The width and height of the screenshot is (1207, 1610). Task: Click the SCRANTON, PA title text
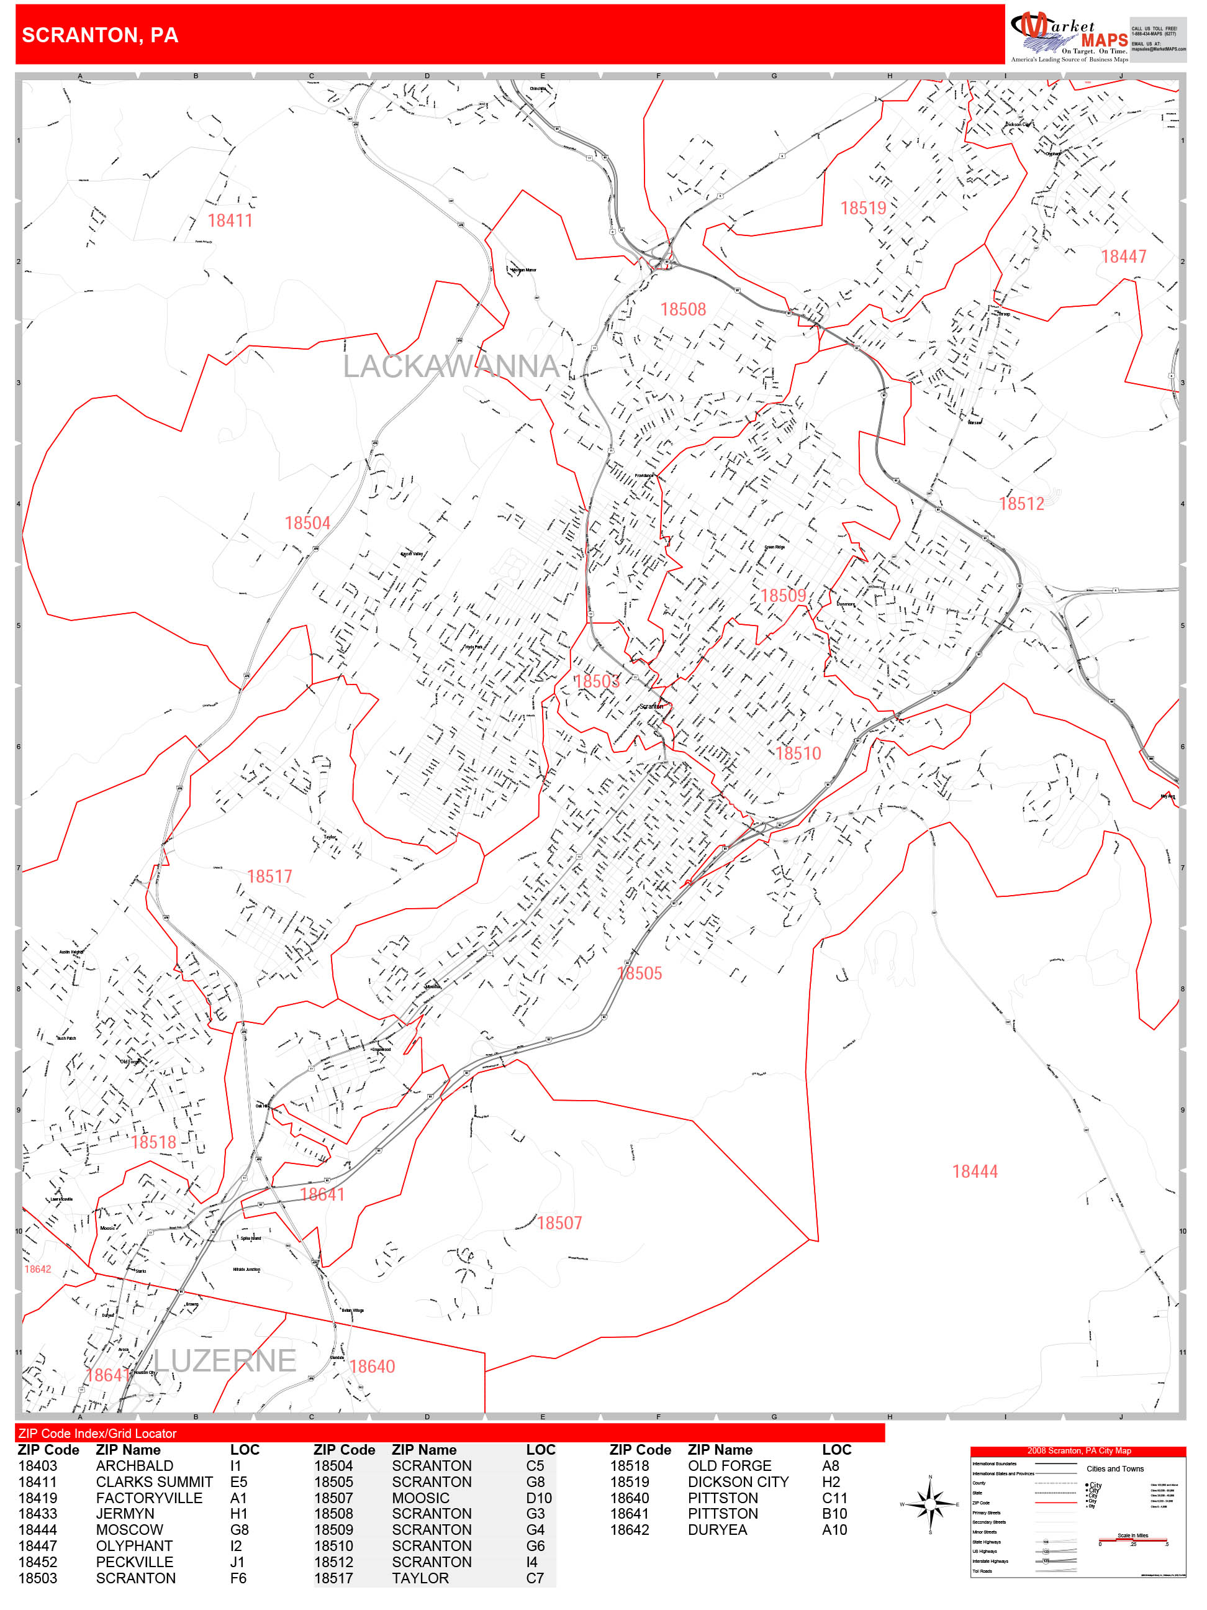(x=100, y=35)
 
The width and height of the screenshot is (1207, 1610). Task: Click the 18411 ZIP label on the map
(x=230, y=221)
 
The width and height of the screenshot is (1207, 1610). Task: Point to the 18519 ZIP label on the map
(x=863, y=208)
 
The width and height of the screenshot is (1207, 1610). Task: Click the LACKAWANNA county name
(x=451, y=366)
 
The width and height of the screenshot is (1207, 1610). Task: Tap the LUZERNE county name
(x=225, y=1361)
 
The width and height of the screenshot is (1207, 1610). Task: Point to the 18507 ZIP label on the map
(x=559, y=1224)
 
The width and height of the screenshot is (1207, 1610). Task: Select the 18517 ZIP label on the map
(x=269, y=876)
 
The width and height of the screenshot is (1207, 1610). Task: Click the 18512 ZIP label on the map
(x=1021, y=504)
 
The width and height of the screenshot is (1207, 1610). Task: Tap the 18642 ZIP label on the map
(x=38, y=1270)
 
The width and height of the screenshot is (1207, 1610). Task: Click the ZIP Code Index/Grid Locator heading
(x=97, y=1433)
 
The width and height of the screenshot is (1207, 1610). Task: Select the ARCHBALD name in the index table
(x=135, y=1466)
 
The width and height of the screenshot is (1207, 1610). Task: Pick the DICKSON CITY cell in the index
(x=738, y=1482)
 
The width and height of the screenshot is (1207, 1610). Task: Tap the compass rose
(x=930, y=1504)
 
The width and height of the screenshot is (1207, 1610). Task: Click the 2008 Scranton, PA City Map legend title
(x=1078, y=1450)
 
